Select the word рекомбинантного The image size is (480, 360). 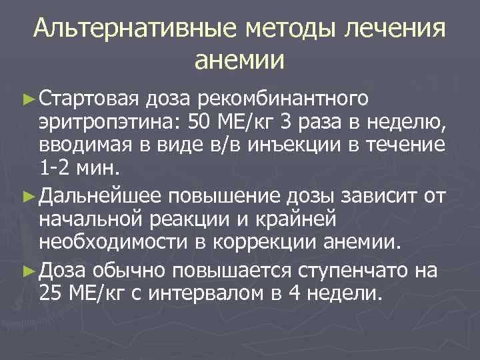click(x=283, y=100)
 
